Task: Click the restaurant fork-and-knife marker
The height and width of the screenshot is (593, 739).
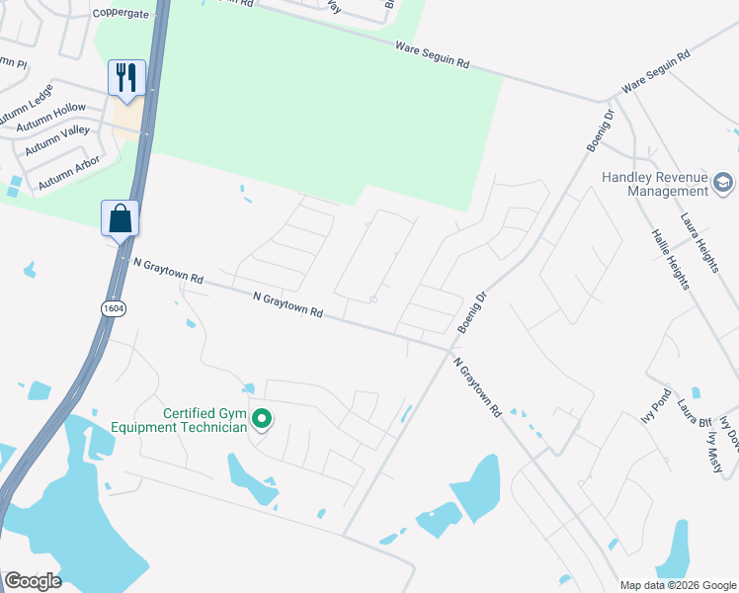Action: click(x=126, y=77)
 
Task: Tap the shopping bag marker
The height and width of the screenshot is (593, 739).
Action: click(x=120, y=218)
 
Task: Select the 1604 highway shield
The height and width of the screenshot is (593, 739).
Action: click(x=112, y=308)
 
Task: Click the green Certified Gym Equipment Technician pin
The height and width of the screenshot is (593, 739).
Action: click(x=262, y=420)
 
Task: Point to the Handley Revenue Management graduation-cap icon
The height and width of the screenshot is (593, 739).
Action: click(x=723, y=183)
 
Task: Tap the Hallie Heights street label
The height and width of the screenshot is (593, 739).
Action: click(x=669, y=259)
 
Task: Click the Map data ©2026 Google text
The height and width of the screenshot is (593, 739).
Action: click(x=678, y=585)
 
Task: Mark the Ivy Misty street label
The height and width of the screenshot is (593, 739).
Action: click(x=714, y=449)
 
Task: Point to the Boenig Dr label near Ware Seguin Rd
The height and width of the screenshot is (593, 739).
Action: click(x=600, y=130)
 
